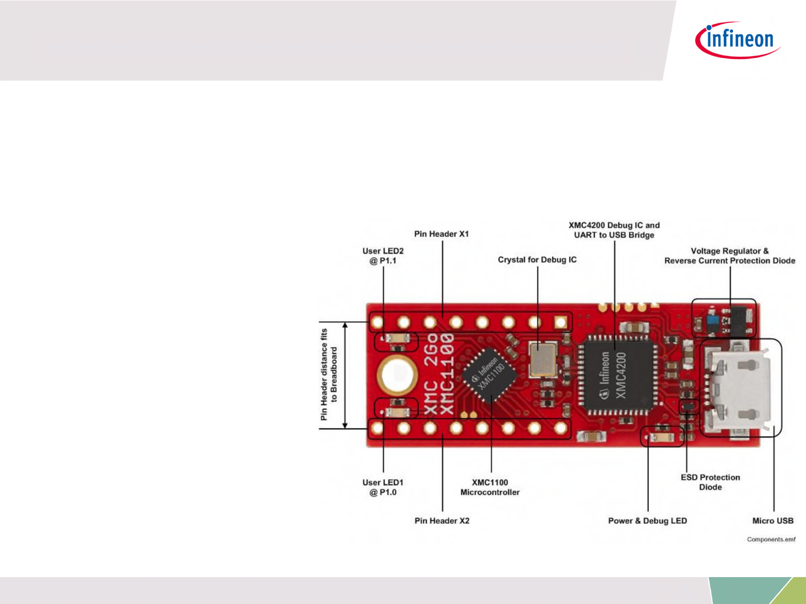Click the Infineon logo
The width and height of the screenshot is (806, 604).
pos(738,40)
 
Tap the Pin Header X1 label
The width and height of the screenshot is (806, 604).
pos(442,234)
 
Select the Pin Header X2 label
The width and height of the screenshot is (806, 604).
pos(442,521)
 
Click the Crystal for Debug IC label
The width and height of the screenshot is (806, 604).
pos(537,260)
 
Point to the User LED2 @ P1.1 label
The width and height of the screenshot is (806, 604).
pos(383,256)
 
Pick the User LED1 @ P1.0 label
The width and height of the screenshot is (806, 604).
pos(383,487)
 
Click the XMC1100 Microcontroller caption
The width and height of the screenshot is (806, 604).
pos(490,487)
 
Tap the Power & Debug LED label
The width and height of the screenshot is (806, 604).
pos(647,521)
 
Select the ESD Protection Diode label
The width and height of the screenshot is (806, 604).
pos(710,482)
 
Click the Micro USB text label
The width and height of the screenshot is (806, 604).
pos(773,521)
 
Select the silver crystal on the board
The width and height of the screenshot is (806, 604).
pos(542,359)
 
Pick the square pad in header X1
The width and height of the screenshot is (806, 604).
pos(560,322)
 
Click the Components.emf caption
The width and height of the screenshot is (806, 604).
pos(771,540)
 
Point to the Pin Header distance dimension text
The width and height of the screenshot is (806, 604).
pos(329,375)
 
